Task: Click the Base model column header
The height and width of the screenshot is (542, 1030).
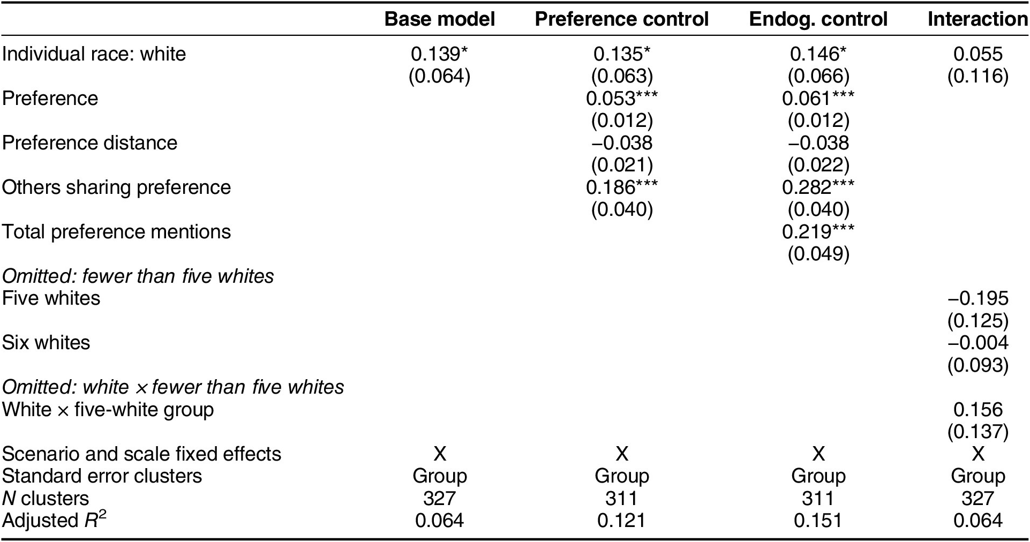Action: click(439, 19)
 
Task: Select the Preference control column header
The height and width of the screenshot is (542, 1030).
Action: click(621, 19)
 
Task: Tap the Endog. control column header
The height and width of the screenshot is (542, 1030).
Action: click(818, 19)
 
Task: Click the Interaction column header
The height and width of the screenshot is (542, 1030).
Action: click(978, 19)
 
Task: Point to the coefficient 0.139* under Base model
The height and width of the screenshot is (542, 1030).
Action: click(439, 54)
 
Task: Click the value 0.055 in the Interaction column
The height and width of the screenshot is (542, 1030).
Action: click(978, 54)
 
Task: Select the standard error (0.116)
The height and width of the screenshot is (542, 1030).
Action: click(978, 76)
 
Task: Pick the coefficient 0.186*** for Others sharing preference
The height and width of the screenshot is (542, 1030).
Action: click(621, 187)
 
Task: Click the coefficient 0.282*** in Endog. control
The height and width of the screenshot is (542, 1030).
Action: click(818, 187)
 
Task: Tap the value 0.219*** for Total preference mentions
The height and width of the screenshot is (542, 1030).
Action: click(818, 232)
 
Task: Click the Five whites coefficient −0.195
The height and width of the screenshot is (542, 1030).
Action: click(978, 298)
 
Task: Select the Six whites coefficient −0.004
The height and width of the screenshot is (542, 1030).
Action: click(978, 343)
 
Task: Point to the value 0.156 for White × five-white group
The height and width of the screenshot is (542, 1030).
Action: click(978, 410)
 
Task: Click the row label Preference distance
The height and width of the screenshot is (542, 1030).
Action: click(89, 143)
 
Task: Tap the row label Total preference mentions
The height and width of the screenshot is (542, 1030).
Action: click(116, 232)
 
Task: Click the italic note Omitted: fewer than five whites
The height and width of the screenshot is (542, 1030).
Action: click(138, 276)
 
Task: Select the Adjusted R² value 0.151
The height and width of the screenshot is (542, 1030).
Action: click(818, 521)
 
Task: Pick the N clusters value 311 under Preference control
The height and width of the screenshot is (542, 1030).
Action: click(621, 499)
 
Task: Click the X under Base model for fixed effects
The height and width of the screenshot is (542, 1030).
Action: click(439, 454)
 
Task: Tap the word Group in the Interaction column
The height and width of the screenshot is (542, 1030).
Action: click(978, 476)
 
